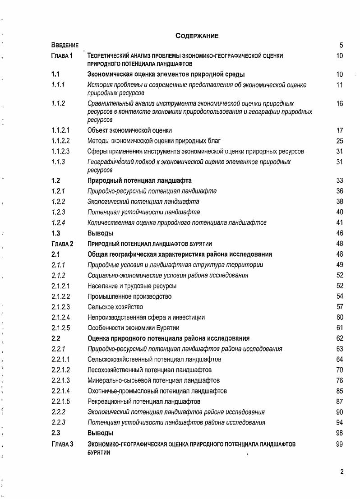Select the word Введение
click(65, 45)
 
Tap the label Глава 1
click(62, 55)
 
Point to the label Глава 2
click(62, 244)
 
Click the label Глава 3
click(62, 444)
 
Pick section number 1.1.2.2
click(60, 141)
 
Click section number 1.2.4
click(58, 222)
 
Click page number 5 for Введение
click(341, 45)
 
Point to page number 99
click(340, 444)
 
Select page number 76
click(340, 380)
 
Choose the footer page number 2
click(342, 472)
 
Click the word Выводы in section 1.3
click(100, 233)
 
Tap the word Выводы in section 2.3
click(100, 433)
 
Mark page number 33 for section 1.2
click(340, 180)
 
